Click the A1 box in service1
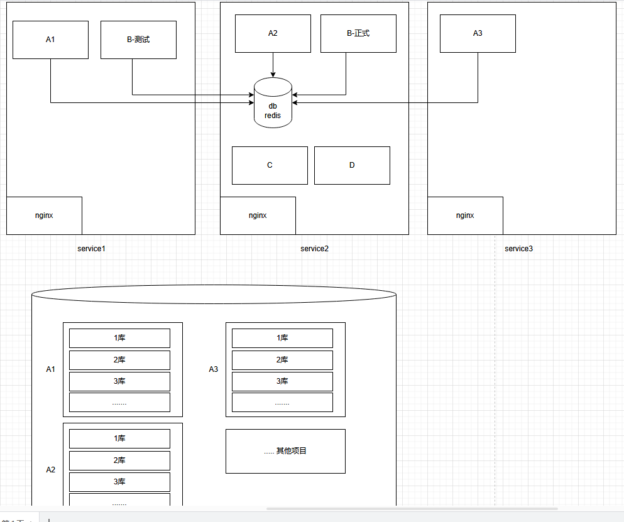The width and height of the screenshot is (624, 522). (x=50, y=40)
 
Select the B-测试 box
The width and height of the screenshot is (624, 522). (x=138, y=40)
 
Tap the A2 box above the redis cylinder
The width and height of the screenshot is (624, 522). (x=273, y=33)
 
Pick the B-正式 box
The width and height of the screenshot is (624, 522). (x=359, y=33)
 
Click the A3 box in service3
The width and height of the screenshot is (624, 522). (x=478, y=33)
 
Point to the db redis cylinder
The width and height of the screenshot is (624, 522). (x=273, y=102)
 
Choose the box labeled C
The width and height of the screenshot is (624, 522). (x=270, y=165)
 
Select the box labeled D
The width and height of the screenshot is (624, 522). (x=352, y=165)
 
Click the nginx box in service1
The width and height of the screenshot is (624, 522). (x=44, y=215)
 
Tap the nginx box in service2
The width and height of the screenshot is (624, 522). (x=258, y=215)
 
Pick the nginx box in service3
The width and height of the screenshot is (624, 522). (x=465, y=215)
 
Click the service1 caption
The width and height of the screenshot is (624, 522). (x=92, y=249)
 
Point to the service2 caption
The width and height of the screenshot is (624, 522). (x=314, y=249)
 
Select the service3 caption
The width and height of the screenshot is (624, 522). (x=518, y=249)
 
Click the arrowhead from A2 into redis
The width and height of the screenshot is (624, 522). (x=273, y=75)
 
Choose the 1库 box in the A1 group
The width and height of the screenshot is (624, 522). (x=120, y=338)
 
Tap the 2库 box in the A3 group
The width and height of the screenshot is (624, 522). (x=283, y=360)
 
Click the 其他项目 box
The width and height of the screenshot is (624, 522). (x=285, y=451)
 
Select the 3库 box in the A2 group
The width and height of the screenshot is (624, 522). (x=120, y=482)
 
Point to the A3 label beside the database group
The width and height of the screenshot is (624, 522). (x=213, y=369)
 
